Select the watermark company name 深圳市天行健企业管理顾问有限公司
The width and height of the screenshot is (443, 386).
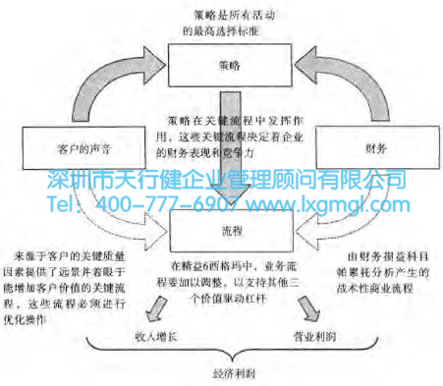226,182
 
